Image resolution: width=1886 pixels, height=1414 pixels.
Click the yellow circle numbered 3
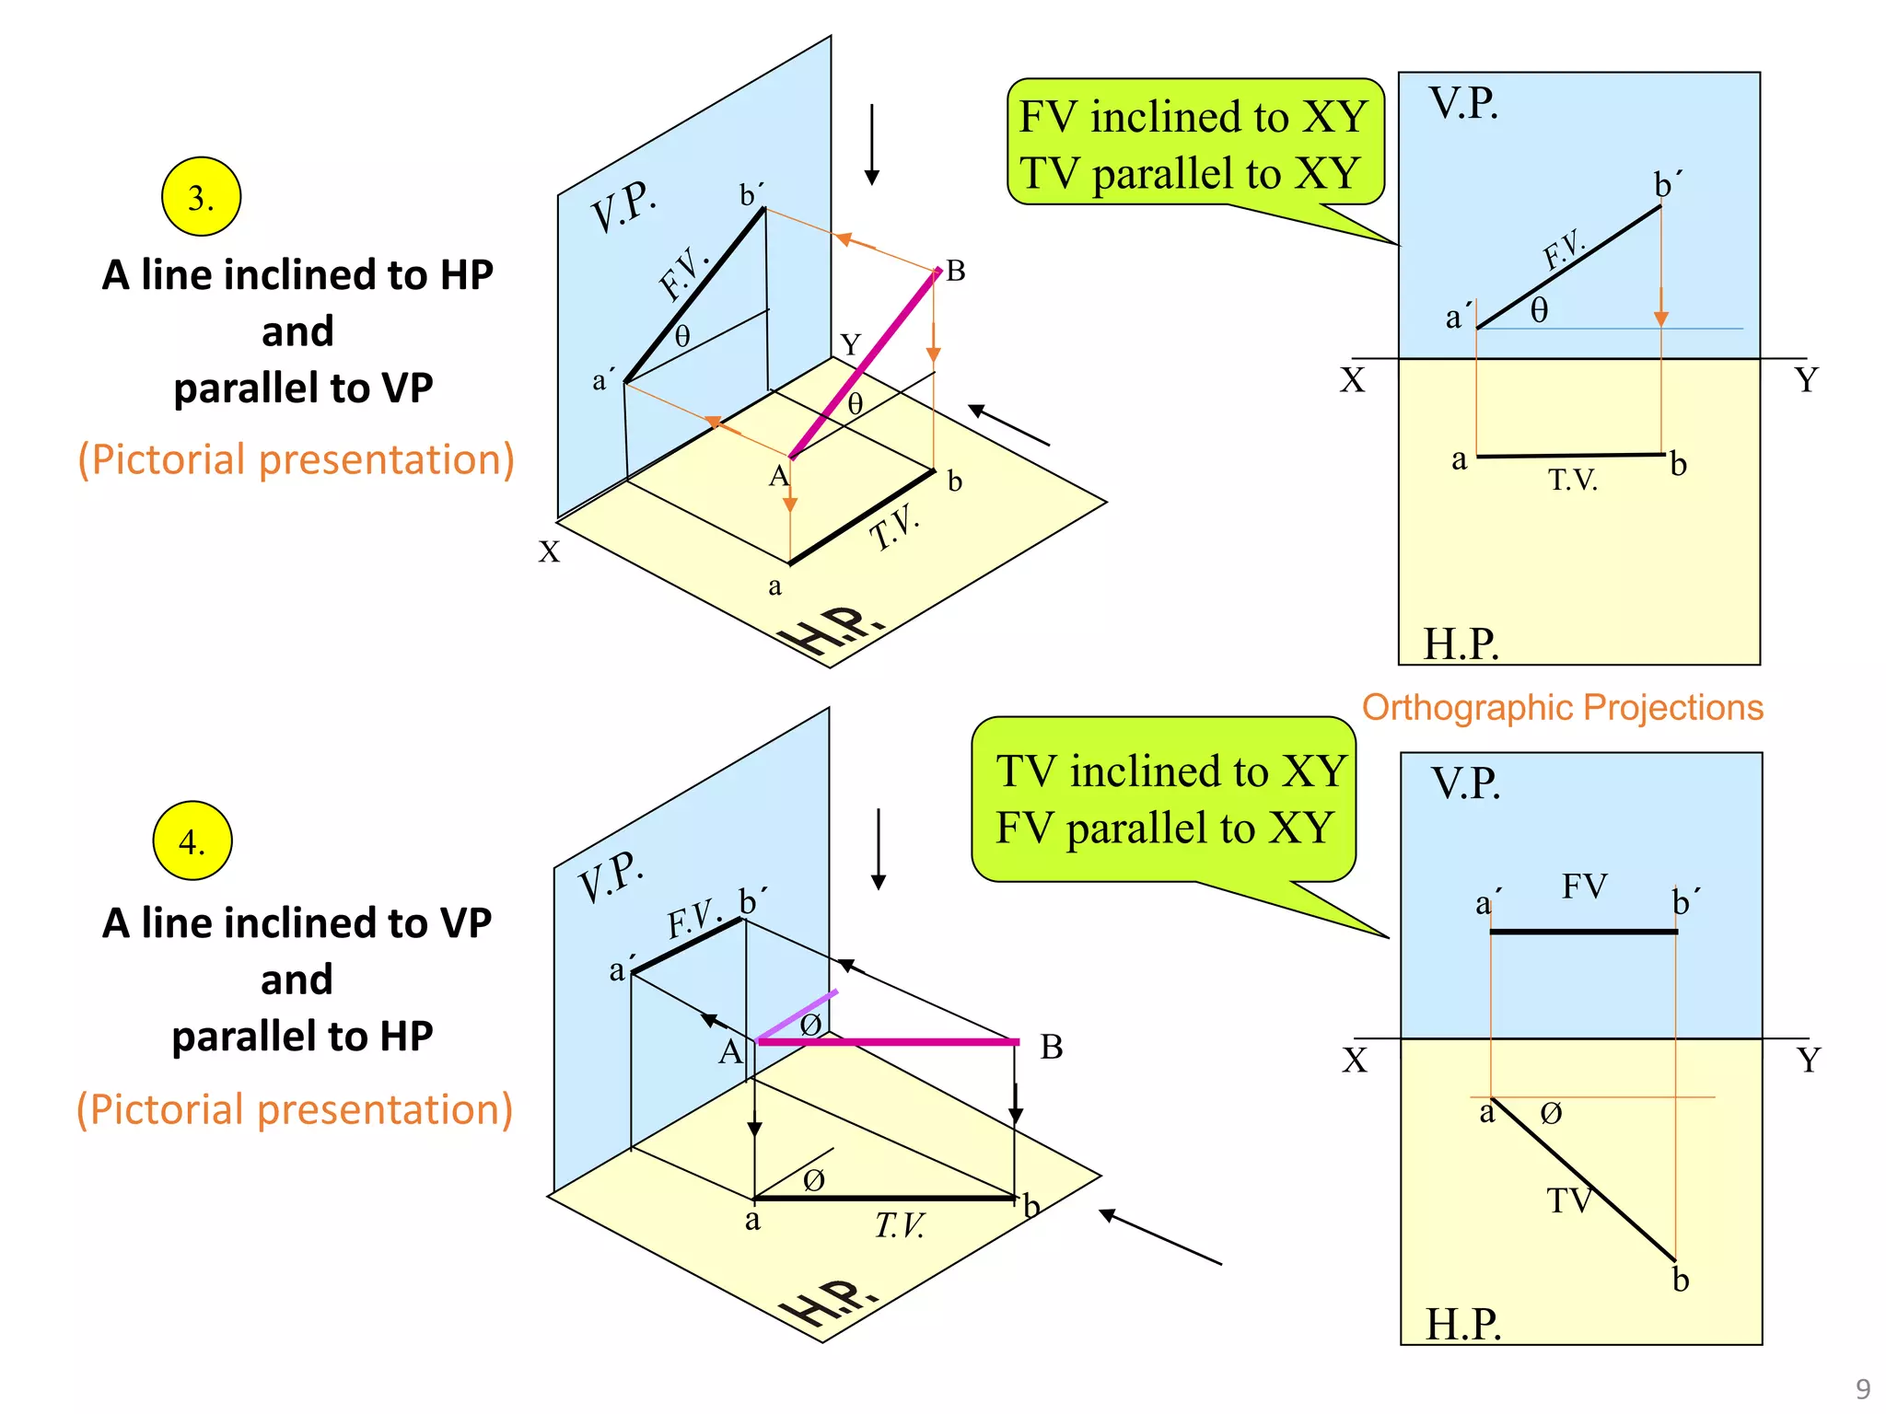tap(201, 197)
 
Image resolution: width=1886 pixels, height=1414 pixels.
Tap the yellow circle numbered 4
tap(192, 840)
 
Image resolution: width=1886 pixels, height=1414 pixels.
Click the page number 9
tap(1862, 1389)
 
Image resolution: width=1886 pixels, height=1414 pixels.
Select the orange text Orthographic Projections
tap(1562, 707)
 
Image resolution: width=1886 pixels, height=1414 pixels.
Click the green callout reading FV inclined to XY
tap(1193, 143)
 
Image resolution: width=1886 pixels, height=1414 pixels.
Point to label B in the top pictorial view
tap(956, 271)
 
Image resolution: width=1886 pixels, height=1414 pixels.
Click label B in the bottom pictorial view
tap(1051, 1048)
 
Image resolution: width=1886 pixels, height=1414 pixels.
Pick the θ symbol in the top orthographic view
tap(1539, 310)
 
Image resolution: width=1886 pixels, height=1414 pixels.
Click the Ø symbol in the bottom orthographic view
tap(1551, 1114)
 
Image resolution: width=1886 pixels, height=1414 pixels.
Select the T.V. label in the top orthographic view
tap(1572, 480)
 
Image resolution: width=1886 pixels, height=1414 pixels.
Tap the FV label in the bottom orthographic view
tap(1584, 886)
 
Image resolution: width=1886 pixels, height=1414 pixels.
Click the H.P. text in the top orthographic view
tap(1461, 643)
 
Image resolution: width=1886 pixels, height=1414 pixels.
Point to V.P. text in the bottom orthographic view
tap(1465, 783)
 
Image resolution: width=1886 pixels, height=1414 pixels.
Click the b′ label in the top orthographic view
tap(1668, 185)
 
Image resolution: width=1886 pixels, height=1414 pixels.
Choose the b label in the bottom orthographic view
tap(1681, 1280)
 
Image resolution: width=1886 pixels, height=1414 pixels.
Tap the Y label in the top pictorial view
tap(850, 345)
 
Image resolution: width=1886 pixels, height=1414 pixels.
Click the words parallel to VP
tap(303, 388)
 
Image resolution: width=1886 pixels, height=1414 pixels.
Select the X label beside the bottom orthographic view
tap(1354, 1060)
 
